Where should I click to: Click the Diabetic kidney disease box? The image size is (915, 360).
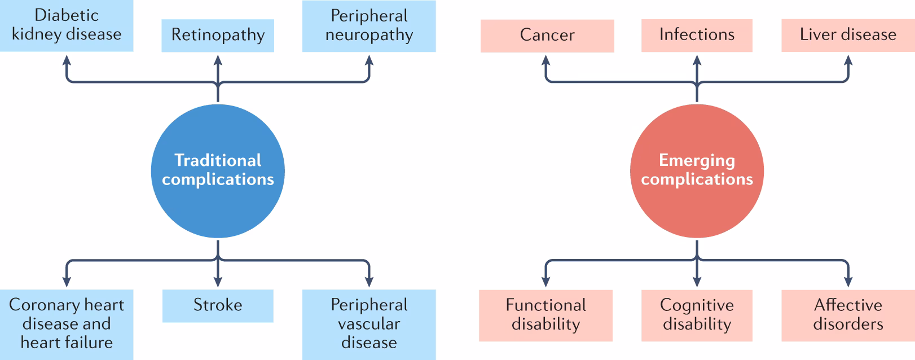pos(67,25)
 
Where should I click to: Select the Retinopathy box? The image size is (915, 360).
pos(218,36)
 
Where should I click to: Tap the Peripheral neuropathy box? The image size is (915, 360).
pos(369,26)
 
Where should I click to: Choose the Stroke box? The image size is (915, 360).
pos(218,306)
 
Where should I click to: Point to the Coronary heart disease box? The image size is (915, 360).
pos(67,324)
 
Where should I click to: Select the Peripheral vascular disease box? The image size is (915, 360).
pos(369,324)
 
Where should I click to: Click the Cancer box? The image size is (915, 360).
pos(547,36)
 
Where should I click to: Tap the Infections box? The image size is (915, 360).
pos(697,35)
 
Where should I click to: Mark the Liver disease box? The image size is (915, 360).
pos(847,35)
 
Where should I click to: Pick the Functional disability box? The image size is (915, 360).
pos(546,315)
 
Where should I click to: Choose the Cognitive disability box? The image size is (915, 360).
pos(697,315)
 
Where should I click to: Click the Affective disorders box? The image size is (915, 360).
pos(847,315)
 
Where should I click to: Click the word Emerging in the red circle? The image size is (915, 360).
pos(697,160)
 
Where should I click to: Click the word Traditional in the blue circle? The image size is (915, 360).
pos(218,160)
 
